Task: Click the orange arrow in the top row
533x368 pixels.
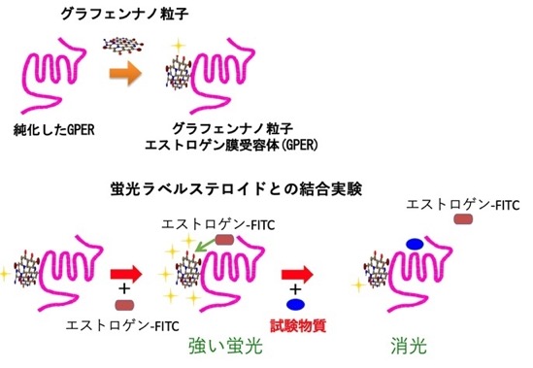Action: coord(125,74)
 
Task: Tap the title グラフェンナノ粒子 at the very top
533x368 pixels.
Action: coord(124,15)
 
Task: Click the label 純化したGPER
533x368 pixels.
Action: coord(54,129)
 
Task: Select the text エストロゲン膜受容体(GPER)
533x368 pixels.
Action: coord(231,146)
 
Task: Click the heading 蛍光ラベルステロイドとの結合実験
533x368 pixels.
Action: coord(236,189)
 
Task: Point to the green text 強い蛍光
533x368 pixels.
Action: coord(225,347)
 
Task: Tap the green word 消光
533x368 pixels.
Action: coord(409,347)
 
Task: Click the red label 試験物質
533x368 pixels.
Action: coord(298,325)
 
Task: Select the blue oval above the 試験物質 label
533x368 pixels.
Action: coord(295,304)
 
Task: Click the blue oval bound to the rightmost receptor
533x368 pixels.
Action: coord(415,244)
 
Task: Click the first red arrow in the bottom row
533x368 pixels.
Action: coord(126,274)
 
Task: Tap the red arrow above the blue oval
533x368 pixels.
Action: coord(297,274)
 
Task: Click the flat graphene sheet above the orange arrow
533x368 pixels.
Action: coord(123,46)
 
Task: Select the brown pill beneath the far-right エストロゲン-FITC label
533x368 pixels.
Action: coord(463,218)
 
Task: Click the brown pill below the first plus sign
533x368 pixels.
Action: coord(124,305)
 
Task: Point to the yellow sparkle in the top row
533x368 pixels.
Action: coord(179,45)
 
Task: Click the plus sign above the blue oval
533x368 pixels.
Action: coord(296,289)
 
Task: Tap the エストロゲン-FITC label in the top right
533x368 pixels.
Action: coord(463,205)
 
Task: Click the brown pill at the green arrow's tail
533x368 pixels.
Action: coord(224,240)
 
